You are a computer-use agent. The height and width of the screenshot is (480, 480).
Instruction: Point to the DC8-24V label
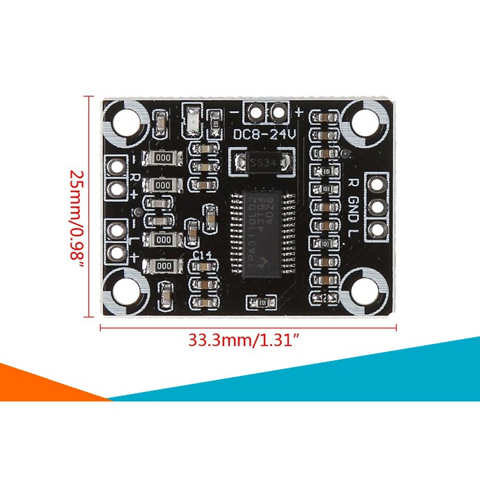click(265, 135)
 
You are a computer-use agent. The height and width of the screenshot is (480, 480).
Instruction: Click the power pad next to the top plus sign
click(278, 112)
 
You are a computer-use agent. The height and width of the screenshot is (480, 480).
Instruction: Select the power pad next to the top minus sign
click(256, 112)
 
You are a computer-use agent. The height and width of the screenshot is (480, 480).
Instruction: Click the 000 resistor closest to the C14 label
click(164, 266)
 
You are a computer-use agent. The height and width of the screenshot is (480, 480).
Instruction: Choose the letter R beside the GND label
click(352, 183)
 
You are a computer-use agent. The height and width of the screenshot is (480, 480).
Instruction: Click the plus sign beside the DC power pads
click(299, 111)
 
